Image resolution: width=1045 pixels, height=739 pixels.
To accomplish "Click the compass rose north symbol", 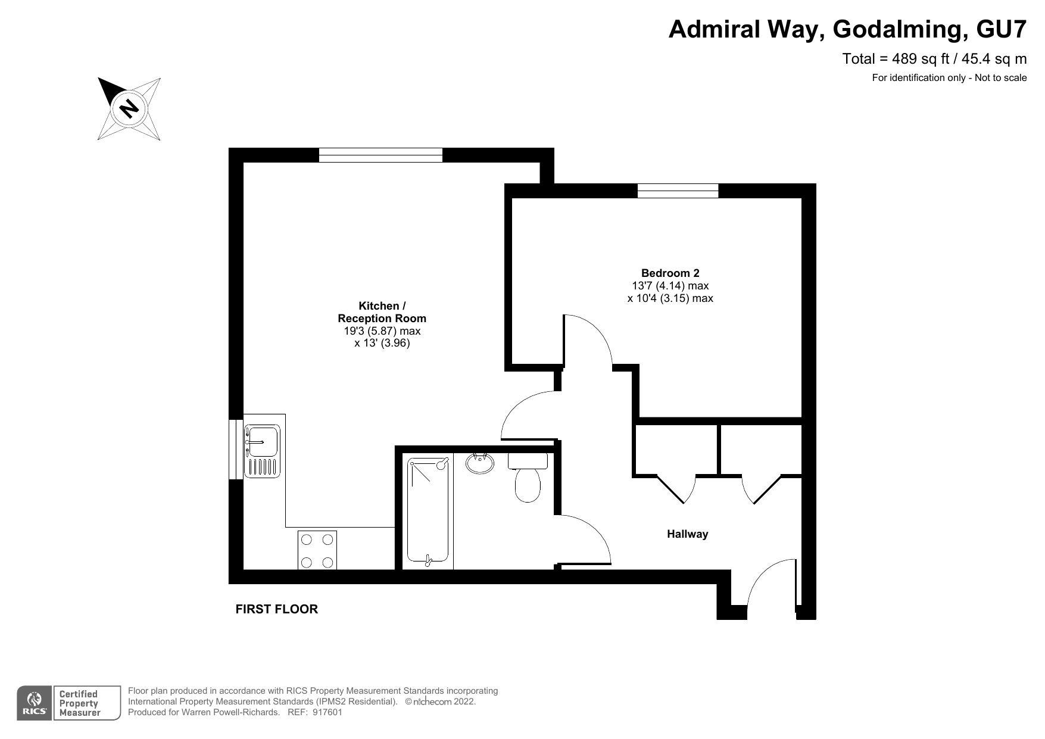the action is [129, 109].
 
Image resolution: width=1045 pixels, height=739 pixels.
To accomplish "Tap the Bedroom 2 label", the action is [670, 273].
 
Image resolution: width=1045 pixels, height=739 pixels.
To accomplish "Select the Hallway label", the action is [687, 534].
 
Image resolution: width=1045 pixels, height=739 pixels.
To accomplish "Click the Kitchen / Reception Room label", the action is [382, 312].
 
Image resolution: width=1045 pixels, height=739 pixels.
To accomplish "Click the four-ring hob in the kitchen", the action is [317, 550].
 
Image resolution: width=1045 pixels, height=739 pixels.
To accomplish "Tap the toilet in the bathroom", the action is [528, 476].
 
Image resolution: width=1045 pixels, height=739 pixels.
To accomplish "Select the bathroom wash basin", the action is [480, 463].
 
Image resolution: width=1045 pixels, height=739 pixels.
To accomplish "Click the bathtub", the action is [428, 510].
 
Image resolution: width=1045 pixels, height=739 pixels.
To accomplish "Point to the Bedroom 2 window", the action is [678, 191].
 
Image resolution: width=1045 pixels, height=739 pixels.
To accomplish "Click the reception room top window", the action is [380, 155].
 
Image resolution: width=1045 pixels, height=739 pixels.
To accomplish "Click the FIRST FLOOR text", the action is [277, 609].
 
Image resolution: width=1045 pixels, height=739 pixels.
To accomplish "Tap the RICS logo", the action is [35, 703].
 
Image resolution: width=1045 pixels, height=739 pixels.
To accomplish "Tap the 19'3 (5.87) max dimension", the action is [382, 331].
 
